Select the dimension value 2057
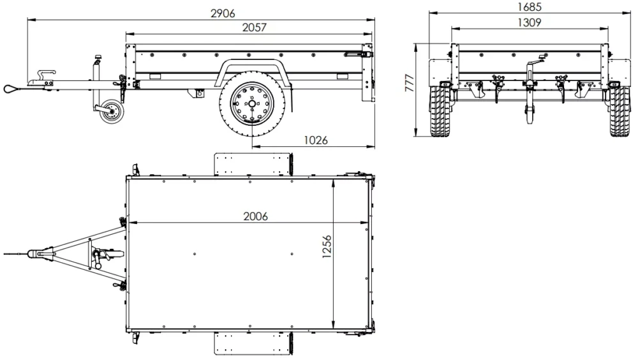[254, 27]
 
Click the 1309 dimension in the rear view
[529, 22]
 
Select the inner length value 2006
[255, 216]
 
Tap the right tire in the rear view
[617, 112]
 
